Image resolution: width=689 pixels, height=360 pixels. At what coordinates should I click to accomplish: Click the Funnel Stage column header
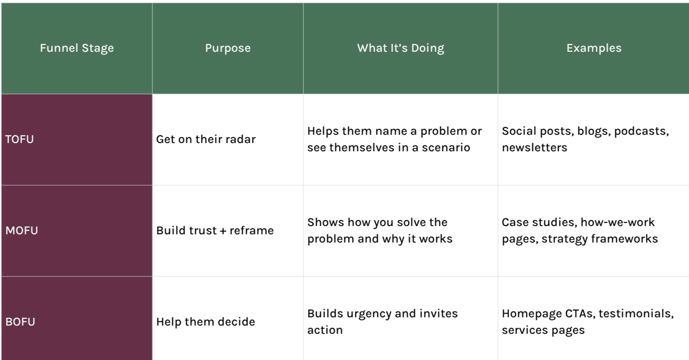point(77,48)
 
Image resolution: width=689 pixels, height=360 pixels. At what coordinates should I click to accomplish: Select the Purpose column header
point(228,48)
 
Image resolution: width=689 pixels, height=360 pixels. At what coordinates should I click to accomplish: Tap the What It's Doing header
point(401,48)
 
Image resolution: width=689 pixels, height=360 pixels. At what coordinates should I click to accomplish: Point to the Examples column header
point(594,48)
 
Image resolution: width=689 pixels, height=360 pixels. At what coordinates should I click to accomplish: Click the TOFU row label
point(19,139)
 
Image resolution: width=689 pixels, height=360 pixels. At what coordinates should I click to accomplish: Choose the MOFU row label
point(22,231)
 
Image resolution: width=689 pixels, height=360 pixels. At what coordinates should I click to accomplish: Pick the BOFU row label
point(20,322)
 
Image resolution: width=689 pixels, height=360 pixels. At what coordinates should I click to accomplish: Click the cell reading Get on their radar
point(206,139)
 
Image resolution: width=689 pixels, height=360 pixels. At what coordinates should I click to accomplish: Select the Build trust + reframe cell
point(215,231)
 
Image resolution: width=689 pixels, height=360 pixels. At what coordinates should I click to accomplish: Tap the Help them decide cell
point(205,322)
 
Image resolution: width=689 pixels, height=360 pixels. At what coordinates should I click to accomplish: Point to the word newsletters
point(535,148)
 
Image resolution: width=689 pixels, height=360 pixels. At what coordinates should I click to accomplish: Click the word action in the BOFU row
point(325,330)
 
